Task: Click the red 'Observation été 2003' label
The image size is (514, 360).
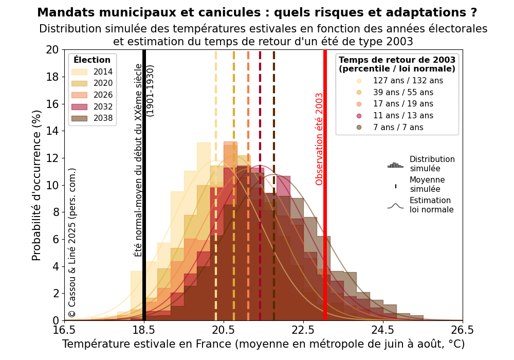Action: click(319, 139)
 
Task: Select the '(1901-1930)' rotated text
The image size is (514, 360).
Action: click(150, 91)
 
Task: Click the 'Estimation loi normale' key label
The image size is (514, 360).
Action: click(431, 205)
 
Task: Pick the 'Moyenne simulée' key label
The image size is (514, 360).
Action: click(427, 185)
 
